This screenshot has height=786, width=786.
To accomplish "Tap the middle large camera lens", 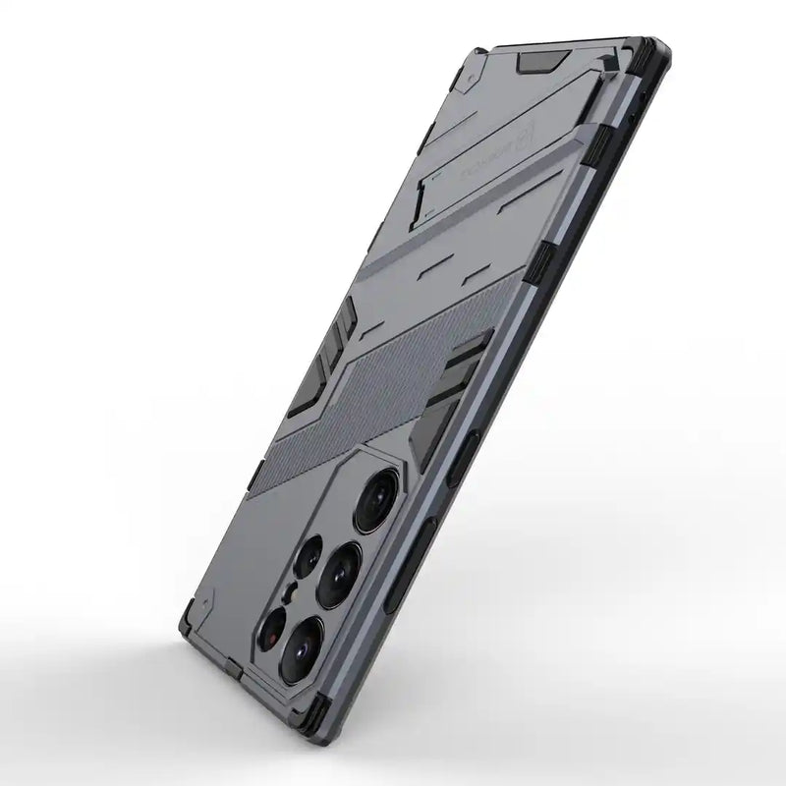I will [x=339, y=569].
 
